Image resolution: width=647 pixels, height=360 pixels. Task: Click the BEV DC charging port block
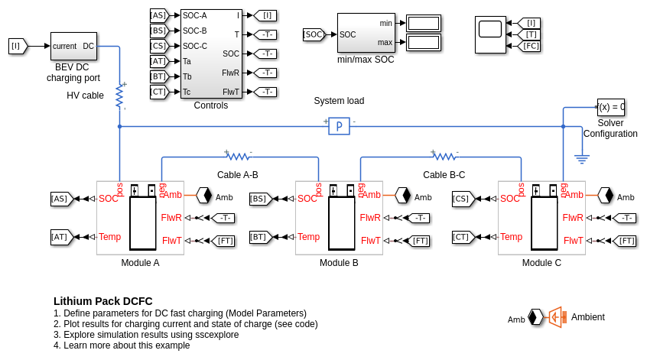click(x=73, y=46)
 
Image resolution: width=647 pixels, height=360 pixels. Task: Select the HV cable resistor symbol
click(x=119, y=96)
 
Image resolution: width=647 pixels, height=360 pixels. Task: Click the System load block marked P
click(x=339, y=126)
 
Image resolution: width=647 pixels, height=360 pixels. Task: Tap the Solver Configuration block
click(x=610, y=107)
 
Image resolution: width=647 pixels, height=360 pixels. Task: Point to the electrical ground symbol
click(x=582, y=159)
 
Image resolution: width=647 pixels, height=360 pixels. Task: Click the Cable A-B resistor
click(x=238, y=157)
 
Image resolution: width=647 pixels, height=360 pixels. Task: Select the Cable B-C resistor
click(x=444, y=157)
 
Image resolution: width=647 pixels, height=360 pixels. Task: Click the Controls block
click(x=211, y=54)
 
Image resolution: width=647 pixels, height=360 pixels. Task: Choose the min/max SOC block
click(x=366, y=33)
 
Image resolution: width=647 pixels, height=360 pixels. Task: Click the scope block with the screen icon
click(x=490, y=34)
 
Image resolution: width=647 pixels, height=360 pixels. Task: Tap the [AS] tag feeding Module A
click(x=60, y=199)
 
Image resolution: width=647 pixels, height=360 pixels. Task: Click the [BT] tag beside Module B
click(x=259, y=237)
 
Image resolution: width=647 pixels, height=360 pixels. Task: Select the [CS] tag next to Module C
click(x=462, y=199)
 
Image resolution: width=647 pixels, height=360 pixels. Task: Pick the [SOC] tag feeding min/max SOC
click(x=314, y=34)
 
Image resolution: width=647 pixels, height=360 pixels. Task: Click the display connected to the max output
click(x=423, y=42)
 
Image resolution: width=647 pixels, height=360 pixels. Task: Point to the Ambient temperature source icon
click(x=556, y=317)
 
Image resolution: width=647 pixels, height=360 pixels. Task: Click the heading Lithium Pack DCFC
click(x=103, y=301)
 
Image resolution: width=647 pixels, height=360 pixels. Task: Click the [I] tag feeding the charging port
click(x=17, y=46)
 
